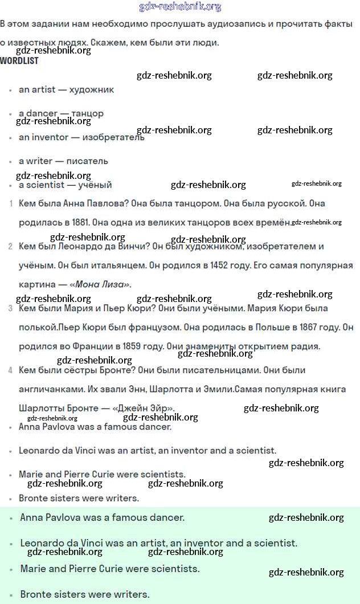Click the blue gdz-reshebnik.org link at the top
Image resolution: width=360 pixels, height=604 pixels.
180,7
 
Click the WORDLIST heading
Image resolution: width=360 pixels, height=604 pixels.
19,60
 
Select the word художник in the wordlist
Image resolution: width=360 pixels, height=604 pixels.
91,89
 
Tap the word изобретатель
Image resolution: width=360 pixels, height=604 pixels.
113,137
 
